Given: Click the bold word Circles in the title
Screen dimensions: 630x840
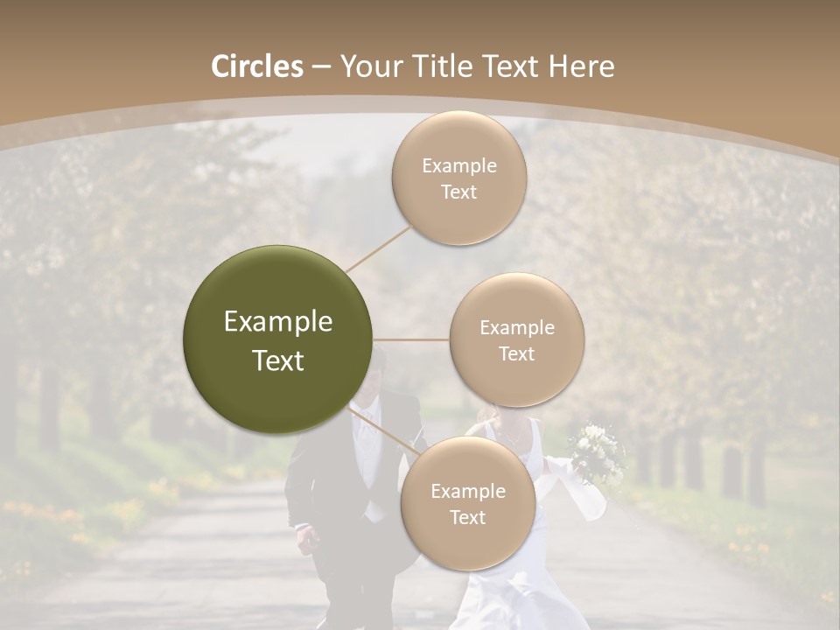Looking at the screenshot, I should point(257,66).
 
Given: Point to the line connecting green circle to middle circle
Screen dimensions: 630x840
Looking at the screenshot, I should point(411,339).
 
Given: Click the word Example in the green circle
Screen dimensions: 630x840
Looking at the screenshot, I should point(277,322).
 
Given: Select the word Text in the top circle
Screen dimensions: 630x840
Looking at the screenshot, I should point(459,192).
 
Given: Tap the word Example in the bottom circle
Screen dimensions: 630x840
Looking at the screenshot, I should point(467,491).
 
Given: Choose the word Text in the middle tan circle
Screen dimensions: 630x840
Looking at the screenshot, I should point(517,353).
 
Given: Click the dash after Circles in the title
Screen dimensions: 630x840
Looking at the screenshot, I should point(321,66).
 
